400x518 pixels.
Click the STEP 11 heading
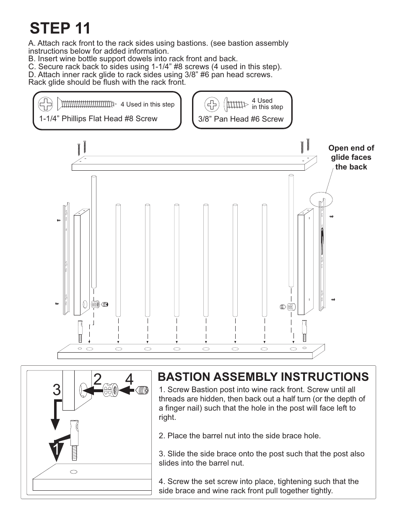point(60,28)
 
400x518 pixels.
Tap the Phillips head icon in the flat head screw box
point(45,104)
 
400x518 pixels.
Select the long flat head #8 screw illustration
point(87,104)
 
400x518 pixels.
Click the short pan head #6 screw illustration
point(236,104)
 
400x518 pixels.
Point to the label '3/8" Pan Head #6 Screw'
point(241,119)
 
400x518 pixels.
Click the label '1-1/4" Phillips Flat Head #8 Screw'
point(98,118)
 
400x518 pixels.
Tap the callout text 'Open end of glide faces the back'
point(351,157)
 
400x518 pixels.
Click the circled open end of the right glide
point(321,200)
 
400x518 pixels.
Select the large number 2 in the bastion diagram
point(97,379)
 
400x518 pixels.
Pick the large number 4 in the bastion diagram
point(129,380)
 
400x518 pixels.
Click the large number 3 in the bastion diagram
point(57,390)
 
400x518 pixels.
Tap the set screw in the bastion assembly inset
point(142,390)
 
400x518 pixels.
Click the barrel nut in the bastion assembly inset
point(110,390)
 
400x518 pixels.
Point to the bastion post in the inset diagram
point(75,440)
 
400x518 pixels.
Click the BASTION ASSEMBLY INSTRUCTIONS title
point(263,377)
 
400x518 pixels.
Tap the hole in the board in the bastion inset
point(74,472)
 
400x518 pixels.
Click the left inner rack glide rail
point(66,259)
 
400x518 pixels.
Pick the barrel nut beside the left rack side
point(95,304)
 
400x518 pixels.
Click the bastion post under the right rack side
point(304,331)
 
